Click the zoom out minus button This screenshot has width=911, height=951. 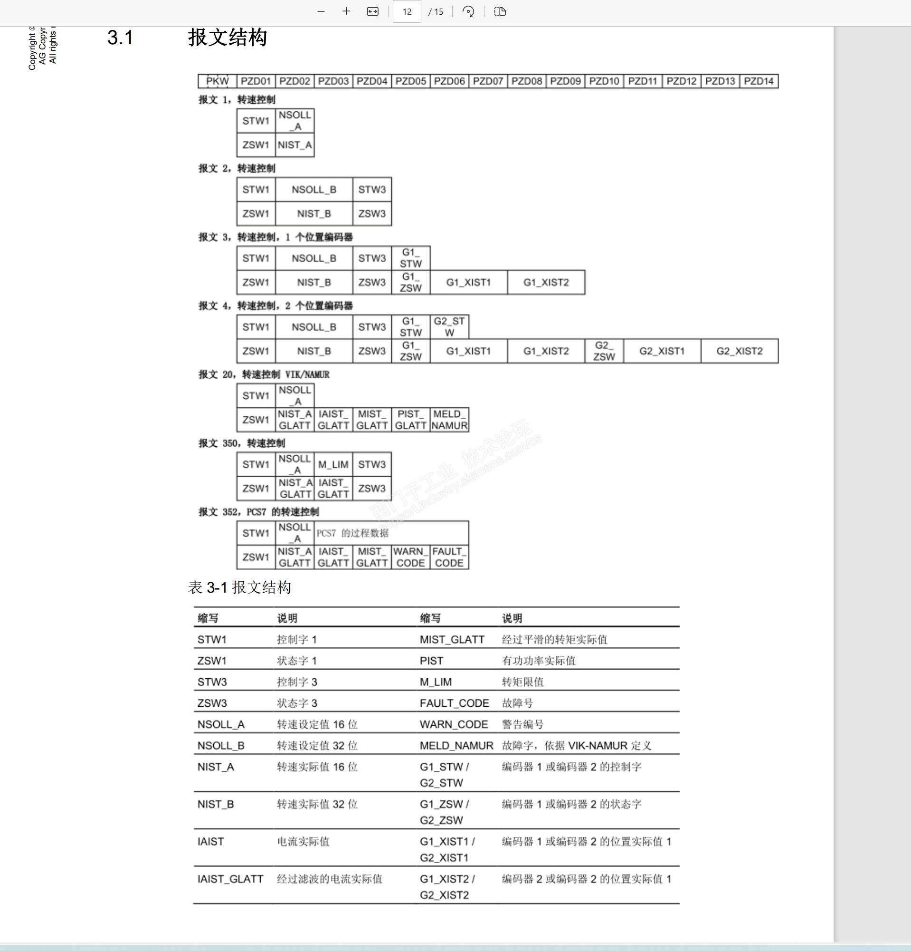tap(321, 12)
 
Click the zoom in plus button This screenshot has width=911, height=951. tap(346, 12)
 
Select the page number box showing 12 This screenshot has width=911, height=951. tap(407, 12)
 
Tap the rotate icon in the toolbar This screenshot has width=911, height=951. tap(468, 12)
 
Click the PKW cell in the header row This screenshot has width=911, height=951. tap(217, 81)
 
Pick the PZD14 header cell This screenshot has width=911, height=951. tap(759, 81)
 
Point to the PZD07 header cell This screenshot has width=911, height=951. tap(488, 81)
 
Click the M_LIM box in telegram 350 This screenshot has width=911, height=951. tap(333, 464)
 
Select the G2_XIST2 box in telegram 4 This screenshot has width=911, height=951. tap(740, 351)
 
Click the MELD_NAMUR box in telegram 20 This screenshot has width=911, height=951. tap(449, 420)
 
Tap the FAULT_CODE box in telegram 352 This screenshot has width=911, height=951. tap(449, 557)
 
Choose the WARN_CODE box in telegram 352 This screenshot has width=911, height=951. tap(411, 557)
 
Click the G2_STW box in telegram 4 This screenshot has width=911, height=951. tap(449, 327)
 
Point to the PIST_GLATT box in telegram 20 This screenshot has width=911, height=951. tap(411, 420)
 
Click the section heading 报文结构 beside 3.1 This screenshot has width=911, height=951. tap(228, 38)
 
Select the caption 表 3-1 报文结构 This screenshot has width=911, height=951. tap(239, 587)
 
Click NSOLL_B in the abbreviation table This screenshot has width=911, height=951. tap(220, 745)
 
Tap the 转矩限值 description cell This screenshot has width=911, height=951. tap(522, 682)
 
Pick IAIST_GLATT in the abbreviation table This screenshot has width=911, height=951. tap(230, 879)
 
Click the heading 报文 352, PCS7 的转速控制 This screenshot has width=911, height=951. tap(258, 512)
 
